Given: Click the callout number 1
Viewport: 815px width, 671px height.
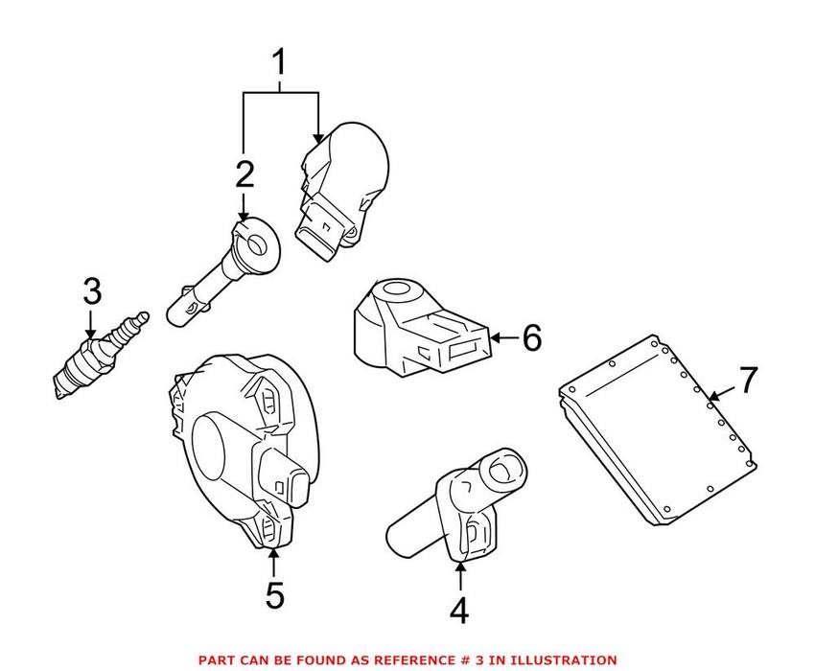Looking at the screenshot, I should (x=280, y=65).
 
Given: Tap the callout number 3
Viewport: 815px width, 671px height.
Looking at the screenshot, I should (x=91, y=289).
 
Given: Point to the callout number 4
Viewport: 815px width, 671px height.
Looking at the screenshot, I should (x=460, y=610).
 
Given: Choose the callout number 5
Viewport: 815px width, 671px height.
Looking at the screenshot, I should (x=274, y=596).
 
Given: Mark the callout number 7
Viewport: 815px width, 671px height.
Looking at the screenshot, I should (x=748, y=379).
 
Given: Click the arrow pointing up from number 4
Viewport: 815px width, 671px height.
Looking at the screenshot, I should (x=460, y=575).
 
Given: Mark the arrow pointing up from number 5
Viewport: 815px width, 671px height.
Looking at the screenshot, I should (x=274, y=561).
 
